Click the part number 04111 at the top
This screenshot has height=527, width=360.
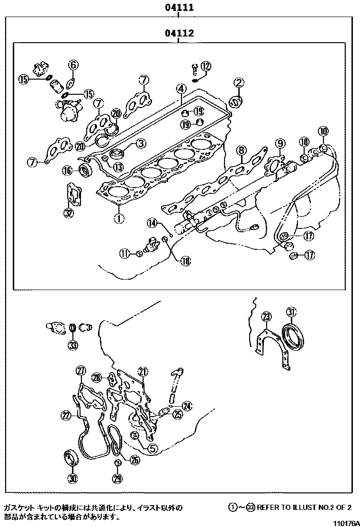coord(179,8)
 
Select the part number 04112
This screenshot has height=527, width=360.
coord(179,34)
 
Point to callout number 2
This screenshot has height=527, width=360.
coord(239,83)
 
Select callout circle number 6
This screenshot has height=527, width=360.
coord(73,64)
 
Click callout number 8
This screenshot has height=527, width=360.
coord(241,151)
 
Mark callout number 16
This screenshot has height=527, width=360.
coord(67,171)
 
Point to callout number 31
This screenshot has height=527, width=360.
coord(292,311)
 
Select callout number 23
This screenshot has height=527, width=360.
coord(267,317)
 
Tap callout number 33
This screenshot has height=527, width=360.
coord(72,345)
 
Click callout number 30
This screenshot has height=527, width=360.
coord(72,478)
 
